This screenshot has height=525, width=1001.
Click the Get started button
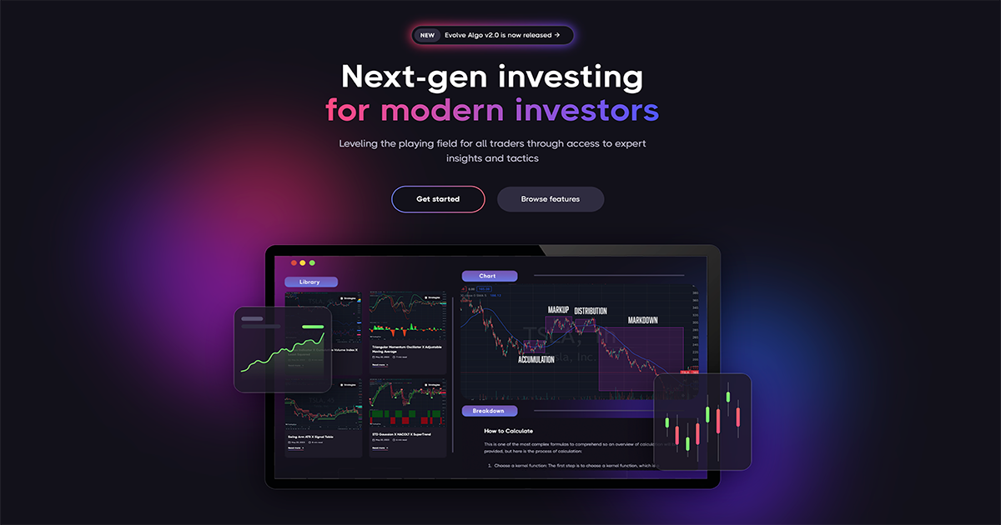pos(438,199)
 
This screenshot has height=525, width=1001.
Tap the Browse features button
pos(551,199)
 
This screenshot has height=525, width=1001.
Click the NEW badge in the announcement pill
pos(427,35)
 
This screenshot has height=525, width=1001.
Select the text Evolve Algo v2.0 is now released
pos(502,35)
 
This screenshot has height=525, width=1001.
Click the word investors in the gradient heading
pos(586,110)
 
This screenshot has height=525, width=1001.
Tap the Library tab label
pos(310,282)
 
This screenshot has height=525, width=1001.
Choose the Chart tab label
pos(488,276)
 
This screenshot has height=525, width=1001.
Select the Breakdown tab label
pos(489,411)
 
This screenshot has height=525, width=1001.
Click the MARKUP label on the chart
pos(558,310)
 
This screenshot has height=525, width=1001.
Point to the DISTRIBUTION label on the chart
pos(591,311)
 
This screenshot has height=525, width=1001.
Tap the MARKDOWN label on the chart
pos(642,320)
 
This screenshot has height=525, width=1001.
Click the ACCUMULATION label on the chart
pos(536,359)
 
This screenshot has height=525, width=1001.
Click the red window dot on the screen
pos(293,262)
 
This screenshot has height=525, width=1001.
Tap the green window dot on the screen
pos(312,262)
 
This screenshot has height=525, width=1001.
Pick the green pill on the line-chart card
pos(313,327)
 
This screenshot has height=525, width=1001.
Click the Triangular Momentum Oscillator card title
pos(406,346)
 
